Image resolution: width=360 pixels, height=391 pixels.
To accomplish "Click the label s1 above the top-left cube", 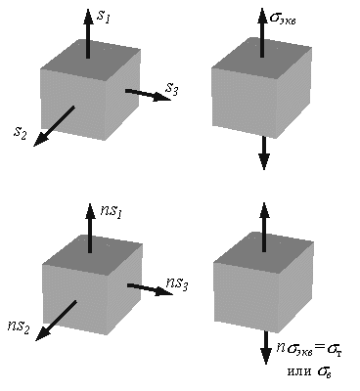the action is [x=104, y=17].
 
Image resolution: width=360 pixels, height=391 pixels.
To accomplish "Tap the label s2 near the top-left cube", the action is [x=20, y=133].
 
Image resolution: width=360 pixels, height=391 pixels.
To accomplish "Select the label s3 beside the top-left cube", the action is [x=172, y=89].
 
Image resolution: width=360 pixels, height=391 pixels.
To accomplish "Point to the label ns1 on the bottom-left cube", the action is [x=112, y=211].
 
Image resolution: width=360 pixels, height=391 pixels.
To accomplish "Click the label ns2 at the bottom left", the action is [x=19, y=326].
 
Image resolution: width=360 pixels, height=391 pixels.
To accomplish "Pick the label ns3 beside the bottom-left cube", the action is [x=177, y=283].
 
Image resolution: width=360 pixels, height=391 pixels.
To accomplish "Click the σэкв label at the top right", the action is [x=283, y=18].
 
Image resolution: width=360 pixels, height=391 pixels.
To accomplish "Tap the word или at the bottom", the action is [x=299, y=371].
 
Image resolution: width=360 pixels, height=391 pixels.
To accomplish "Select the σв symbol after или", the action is [x=325, y=372].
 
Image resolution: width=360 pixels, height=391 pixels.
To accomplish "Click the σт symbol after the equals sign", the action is [x=335, y=350].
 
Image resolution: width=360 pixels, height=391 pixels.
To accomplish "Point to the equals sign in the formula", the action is [x=320, y=348].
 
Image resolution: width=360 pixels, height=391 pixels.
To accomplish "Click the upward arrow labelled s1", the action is [x=88, y=33].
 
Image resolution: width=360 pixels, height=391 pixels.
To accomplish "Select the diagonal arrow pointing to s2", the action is [x=54, y=126].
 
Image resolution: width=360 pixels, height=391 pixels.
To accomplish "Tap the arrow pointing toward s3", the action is [x=148, y=95].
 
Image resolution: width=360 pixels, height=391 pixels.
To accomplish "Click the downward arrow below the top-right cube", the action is [x=264, y=153].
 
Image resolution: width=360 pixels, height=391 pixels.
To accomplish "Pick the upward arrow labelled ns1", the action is [x=90, y=228].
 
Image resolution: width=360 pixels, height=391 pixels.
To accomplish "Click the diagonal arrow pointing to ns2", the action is [x=56, y=321].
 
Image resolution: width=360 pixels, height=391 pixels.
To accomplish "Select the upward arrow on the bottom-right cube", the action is [x=264, y=227].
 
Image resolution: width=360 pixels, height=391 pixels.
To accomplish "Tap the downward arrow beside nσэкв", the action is [x=266, y=348].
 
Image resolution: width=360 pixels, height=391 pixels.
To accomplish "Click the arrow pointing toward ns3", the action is [x=150, y=289].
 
